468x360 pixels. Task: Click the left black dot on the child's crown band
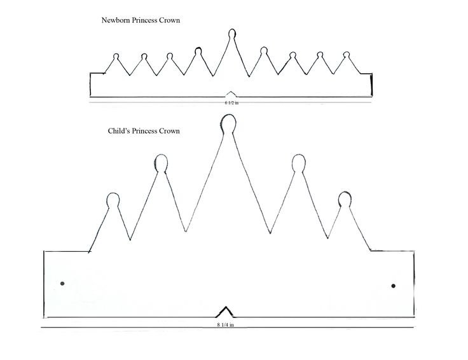point(62,284)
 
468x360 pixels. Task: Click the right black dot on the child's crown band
point(393,286)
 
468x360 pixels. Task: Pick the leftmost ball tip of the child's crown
point(113,200)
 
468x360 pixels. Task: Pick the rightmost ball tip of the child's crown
point(344,198)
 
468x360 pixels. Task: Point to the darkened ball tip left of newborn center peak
point(198,51)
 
